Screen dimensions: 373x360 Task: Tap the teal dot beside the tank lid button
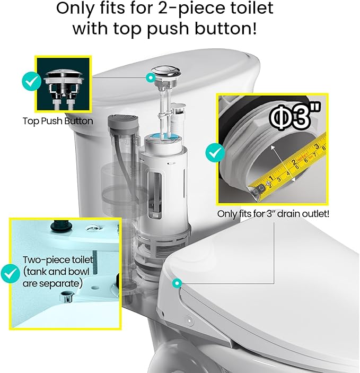(151, 77)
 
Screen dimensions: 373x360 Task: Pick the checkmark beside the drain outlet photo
(215, 153)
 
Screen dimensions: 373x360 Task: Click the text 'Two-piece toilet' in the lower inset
(58, 260)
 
